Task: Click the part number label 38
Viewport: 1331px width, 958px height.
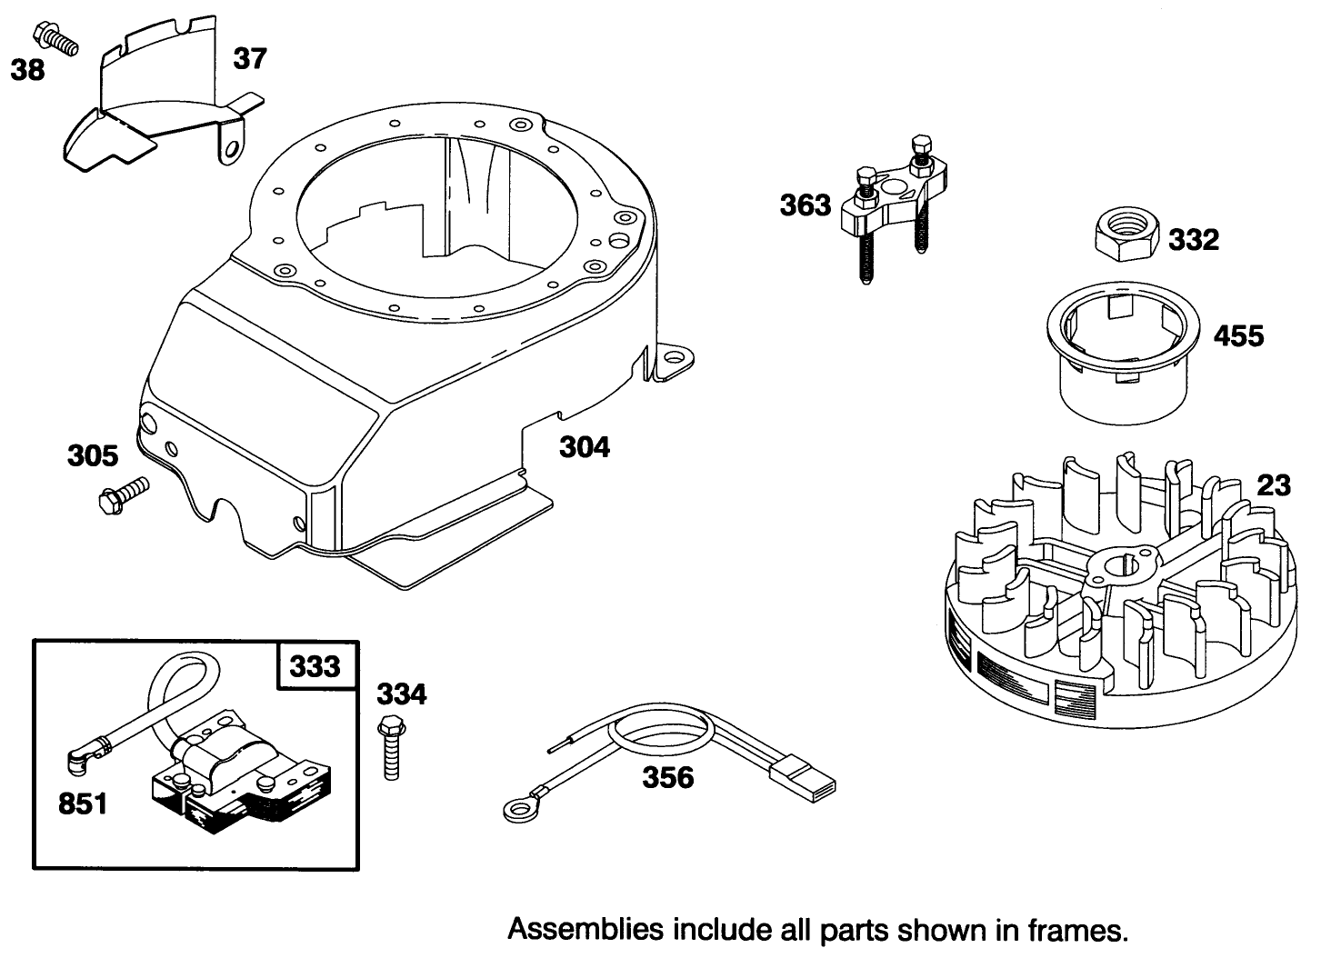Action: pyautogui.click(x=27, y=69)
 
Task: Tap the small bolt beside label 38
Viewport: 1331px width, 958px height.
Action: pyautogui.click(x=55, y=36)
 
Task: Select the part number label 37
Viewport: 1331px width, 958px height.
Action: pyautogui.click(x=250, y=58)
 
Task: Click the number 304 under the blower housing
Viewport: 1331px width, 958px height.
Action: pyautogui.click(x=584, y=447)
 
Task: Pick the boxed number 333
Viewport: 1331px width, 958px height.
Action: pyautogui.click(x=315, y=666)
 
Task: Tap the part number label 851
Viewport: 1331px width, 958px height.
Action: pyautogui.click(x=82, y=803)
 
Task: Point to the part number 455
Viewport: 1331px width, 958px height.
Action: pyautogui.click(x=1238, y=336)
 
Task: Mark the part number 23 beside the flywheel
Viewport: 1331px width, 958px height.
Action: pyautogui.click(x=1273, y=485)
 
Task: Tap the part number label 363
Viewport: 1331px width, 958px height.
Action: pyautogui.click(x=805, y=205)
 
